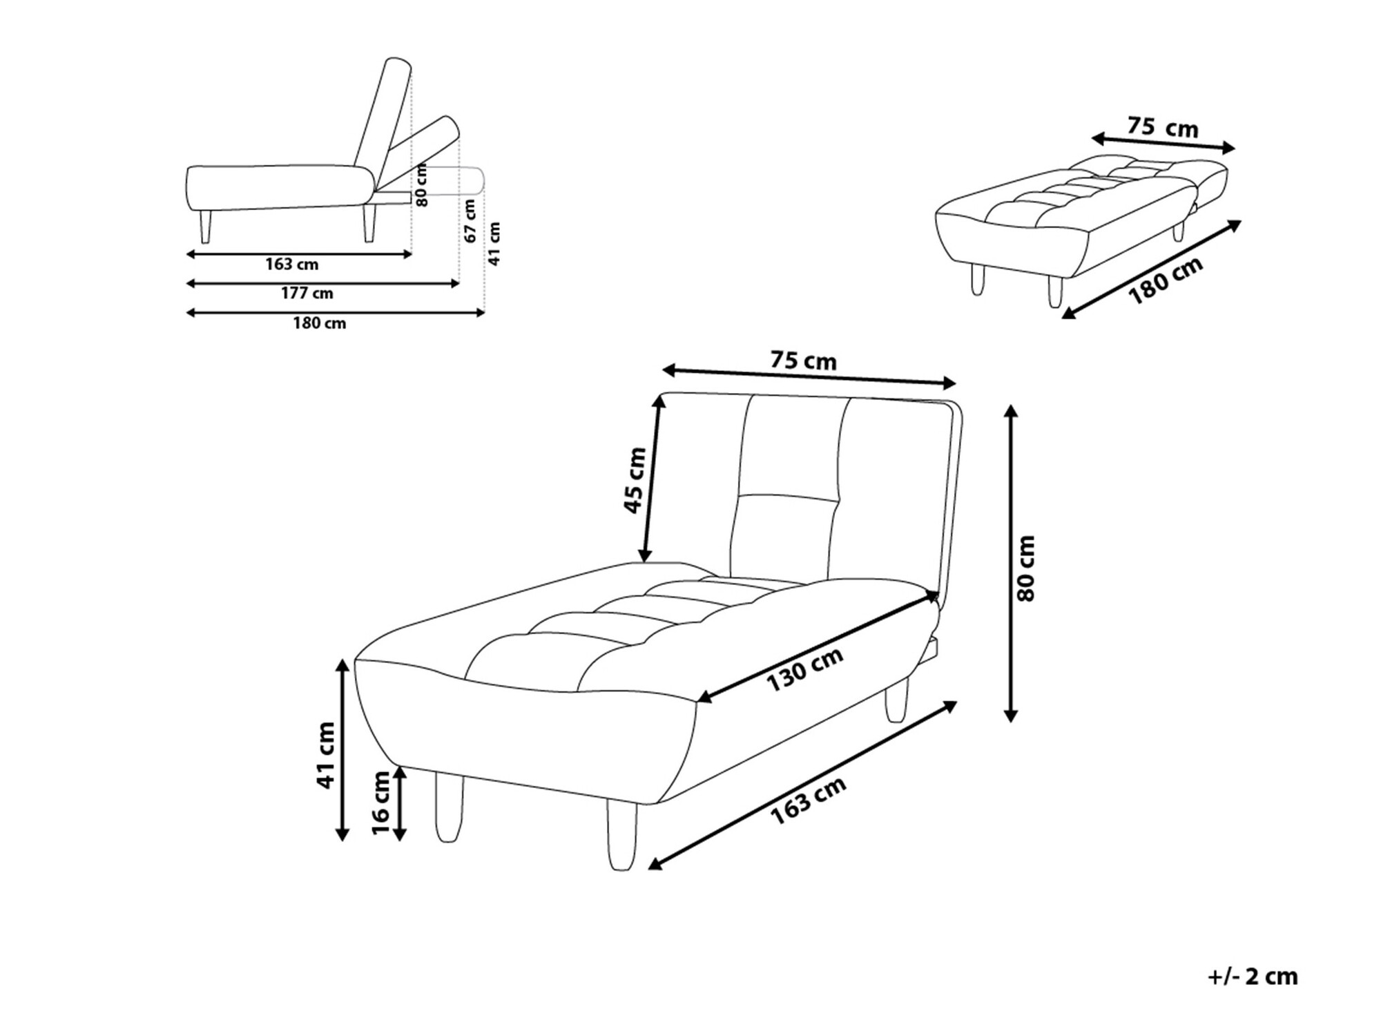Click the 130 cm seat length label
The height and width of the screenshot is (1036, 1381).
tap(804, 669)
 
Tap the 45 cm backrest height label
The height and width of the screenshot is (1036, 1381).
tap(635, 481)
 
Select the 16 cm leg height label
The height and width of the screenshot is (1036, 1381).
tap(380, 803)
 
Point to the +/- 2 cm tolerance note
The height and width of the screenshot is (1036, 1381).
tap(1253, 977)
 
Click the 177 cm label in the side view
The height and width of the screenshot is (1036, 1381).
tap(307, 294)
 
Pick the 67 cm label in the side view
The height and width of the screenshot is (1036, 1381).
tap(470, 221)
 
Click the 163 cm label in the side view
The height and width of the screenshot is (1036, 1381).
tap(291, 265)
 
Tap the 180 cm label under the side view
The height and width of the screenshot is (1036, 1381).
tap(319, 323)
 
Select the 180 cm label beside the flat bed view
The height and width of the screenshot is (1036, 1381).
tap(1166, 280)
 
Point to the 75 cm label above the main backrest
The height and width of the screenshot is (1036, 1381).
tap(803, 361)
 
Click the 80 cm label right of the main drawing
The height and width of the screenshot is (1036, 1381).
tap(1027, 568)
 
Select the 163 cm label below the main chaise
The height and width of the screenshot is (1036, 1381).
tap(808, 800)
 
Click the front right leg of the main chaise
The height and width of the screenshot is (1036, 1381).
tap(622, 835)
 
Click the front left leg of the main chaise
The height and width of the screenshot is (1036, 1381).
tap(449, 807)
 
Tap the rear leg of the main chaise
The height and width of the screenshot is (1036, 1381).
tap(897, 700)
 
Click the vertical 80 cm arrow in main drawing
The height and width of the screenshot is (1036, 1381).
tap(1011, 563)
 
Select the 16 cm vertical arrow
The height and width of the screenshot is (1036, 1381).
tap(399, 803)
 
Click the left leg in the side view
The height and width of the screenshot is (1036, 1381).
tap(205, 226)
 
